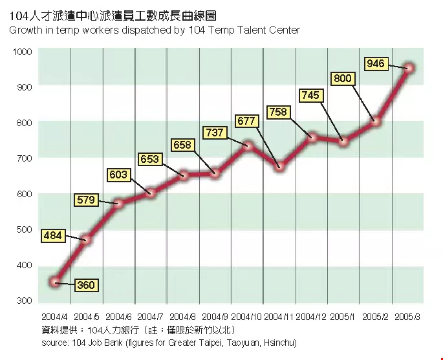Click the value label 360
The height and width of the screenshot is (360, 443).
click(86, 285)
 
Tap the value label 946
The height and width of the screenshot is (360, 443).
click(376, 63)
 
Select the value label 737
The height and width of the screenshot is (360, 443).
click(214, 132)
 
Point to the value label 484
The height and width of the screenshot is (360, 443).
click(52, 236)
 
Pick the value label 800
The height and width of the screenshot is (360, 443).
click(343, 78)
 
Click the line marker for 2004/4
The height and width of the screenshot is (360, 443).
click(55, 281)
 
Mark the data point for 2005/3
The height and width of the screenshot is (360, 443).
click(409, 67)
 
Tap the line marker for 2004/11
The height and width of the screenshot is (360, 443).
click(280, 167)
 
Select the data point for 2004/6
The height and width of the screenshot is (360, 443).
click(119, 204)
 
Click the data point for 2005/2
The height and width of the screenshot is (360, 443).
click(376, 121)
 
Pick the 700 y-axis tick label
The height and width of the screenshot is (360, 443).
click(23, 158)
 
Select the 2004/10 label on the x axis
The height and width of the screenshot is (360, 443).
click(246, 317)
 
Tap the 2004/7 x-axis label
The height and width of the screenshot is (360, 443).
click(150, 317)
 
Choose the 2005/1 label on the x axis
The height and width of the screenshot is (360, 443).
click(342, 317)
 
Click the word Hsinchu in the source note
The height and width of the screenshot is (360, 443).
click(277, 342)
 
